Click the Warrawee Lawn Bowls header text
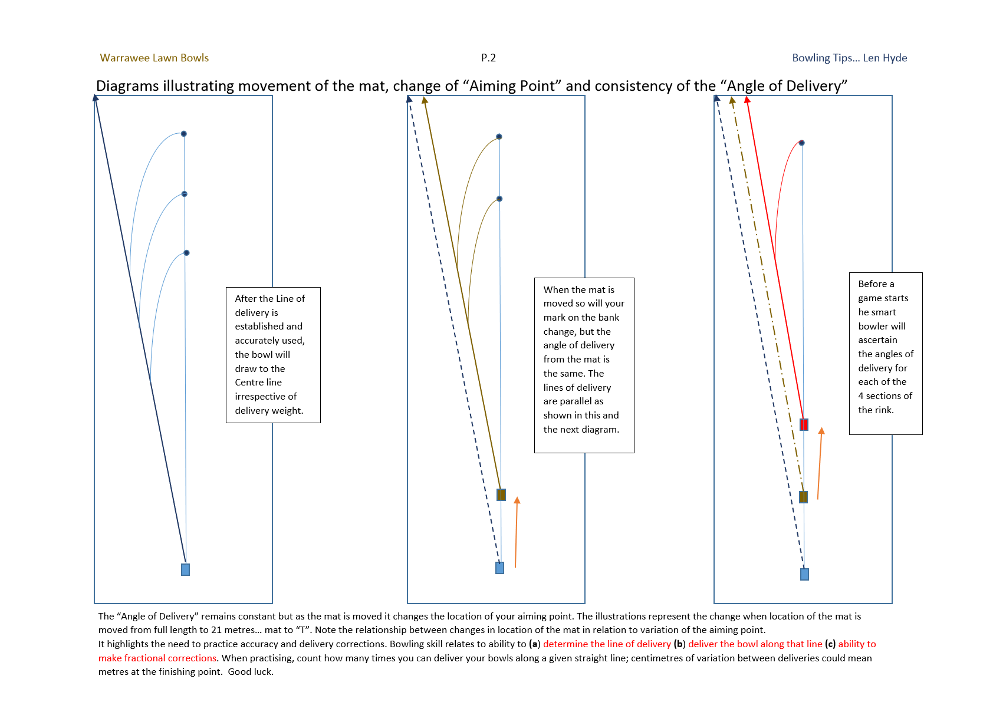point(154,58)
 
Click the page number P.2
point(488,58)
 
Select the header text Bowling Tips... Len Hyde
point(849,58)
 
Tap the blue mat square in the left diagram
point(185,569)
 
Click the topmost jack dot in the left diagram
point(184,134)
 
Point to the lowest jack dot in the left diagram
point(187,253)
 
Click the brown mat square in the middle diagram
point(501,495)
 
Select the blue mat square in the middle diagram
point(499,568)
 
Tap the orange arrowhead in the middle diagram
point(517,500)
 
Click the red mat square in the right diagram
point(804,424)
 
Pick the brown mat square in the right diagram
point(803,497)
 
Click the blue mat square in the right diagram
point(804,574)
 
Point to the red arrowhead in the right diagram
point(747,100)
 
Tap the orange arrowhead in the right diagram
point(821,431)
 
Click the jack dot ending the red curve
point(802,143)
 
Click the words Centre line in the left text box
point(258,383)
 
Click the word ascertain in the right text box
point(877,340)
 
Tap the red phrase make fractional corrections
point(157,658)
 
